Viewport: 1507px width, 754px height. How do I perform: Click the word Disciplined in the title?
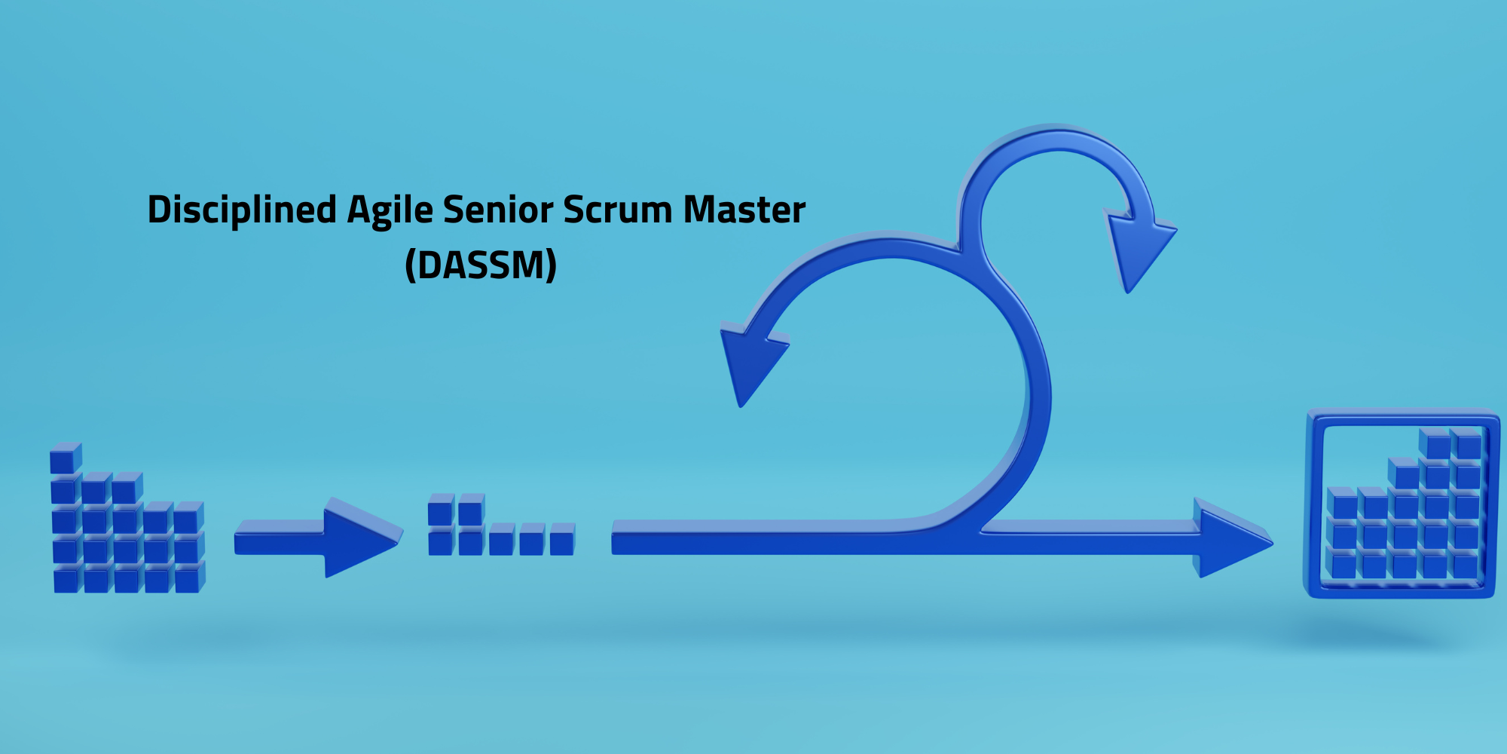tap(242, 210)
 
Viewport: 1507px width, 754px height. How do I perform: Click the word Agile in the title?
tap(390, 210)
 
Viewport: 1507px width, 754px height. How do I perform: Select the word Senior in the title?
tap(497, 210)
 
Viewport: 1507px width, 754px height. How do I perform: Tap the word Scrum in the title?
tap(617, 210)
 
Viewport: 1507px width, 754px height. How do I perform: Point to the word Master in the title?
tap(744, 210)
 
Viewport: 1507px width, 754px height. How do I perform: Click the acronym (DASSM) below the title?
tap(481, 265)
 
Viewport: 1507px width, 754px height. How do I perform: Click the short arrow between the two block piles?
tap(318, 538)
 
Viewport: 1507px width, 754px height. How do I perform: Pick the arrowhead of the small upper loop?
tap(1138, 249)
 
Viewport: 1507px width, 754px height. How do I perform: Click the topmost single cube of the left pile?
tap(66, 458)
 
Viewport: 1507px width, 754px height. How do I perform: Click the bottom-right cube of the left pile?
tap(189, 578)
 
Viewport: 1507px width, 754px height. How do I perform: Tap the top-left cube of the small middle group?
tap(442, 510)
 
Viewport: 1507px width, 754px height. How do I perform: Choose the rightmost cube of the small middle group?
tap(562, 540)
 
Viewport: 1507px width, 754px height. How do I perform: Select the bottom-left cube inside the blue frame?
tap(1342, 563)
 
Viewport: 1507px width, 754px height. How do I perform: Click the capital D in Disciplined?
tap(158, 210)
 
